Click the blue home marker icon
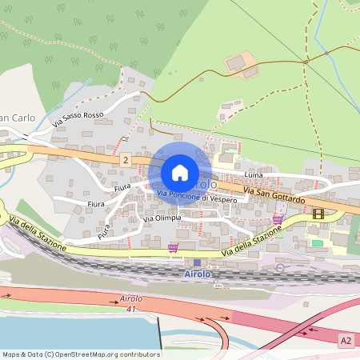pyautogui.click(x=180, y=172)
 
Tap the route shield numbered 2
pyautogui.click(x=126, y=161)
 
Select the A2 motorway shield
pyautogui.click(x=346, y=339)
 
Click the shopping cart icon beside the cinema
pyautogui.click(x=278, y=218)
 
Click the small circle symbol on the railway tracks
pyautogui.click(x=280, y=267)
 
